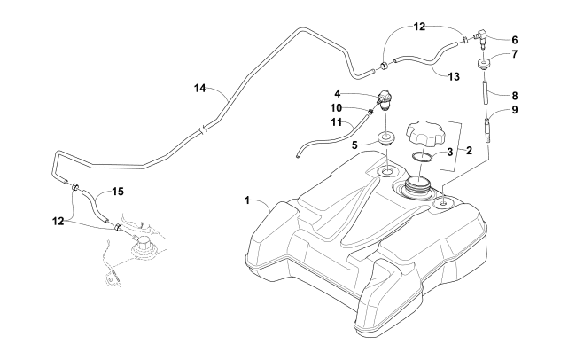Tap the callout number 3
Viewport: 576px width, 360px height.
pyautogui.click(x=449, y=152)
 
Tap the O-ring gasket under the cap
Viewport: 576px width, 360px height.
pyautogui.click(x=424, y=158)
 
